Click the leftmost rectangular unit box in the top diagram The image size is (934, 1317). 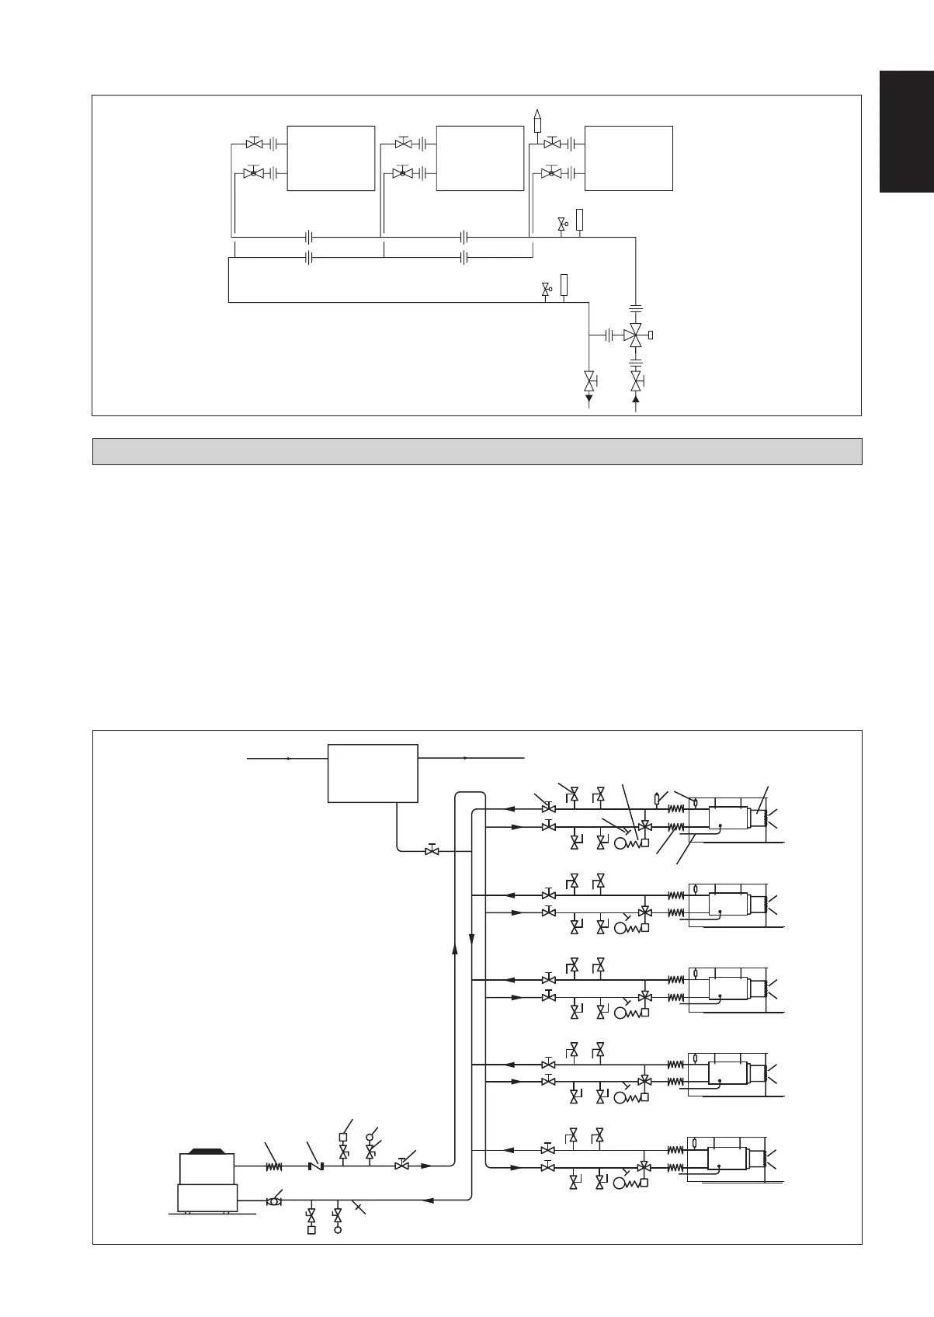point(331,158)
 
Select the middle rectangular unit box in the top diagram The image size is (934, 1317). point(480,158)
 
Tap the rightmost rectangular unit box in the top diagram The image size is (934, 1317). point(628,158)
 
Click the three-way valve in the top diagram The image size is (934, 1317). point(636,335)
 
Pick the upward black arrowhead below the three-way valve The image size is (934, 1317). point(636,399)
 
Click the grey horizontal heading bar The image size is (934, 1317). point(477,451)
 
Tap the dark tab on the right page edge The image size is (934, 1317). point(906,131)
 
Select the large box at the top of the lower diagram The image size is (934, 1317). point(373,773)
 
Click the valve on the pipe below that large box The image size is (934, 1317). point(431,851)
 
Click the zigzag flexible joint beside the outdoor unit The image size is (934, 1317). point(273,1166)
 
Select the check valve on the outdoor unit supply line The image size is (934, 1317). point(314,1166)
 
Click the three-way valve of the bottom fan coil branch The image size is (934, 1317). point(644,1188)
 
